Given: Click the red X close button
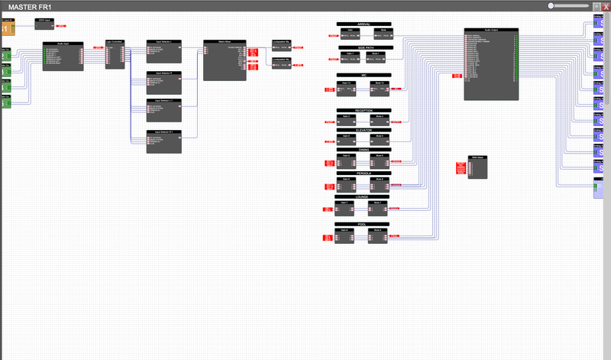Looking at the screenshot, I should click(x=606, y=5).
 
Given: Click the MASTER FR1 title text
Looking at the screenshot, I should click(x=30, y=6).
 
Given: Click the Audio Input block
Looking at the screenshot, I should click(x=63, y=57).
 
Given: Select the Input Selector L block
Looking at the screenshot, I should click(x=163, y=48).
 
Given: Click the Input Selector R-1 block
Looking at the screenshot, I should click(x=163, y=141).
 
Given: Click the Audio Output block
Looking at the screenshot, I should click(x=491, y=64).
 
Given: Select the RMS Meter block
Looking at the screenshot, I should click(x=477, y=167).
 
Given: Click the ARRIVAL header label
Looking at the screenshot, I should click(x=364, y=24).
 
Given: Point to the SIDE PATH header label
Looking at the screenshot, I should click(x=364, y=47).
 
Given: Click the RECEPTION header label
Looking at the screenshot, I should click(x=364, y=111).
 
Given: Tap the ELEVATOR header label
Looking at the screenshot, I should click(x=364, y=130).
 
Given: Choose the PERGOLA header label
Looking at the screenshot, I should click(x=364, y=174).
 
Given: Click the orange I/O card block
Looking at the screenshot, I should click(x=8, y=28).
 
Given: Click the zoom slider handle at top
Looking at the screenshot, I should click(x=551, y=5).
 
